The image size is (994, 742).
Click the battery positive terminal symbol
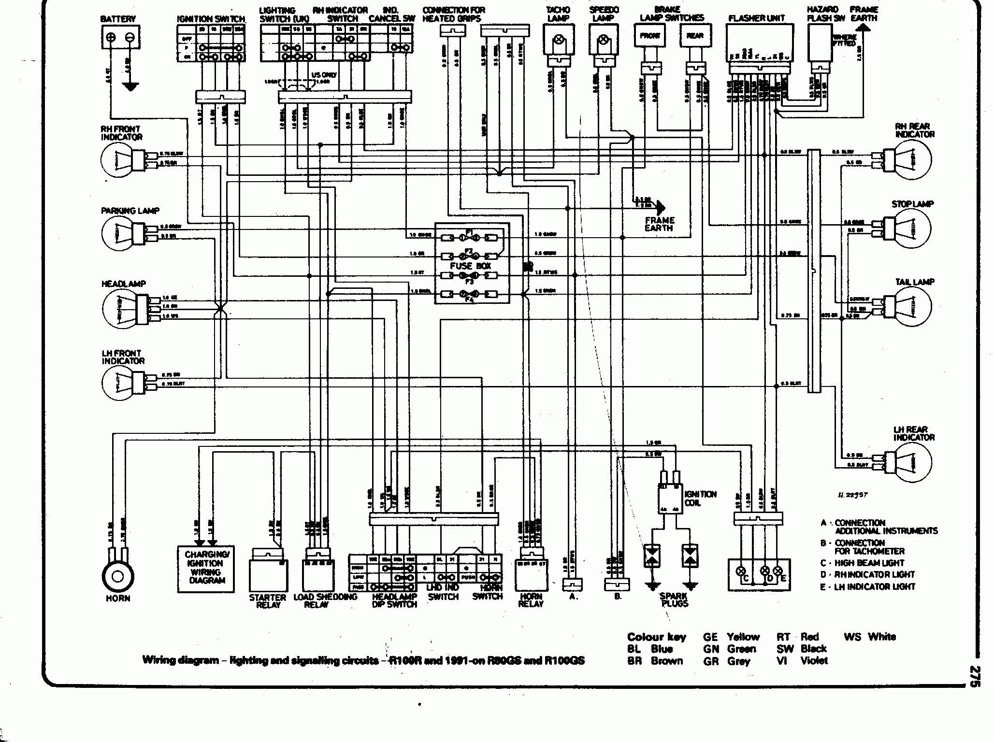pyautogui.click(x=111, y=38)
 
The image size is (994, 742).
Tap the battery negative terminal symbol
pyautogui.click(x=130, y=38)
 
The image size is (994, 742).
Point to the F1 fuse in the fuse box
pyautogui.click(x=468, y=238)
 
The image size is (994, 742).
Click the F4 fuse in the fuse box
pyautogui.click(x=468, y=293)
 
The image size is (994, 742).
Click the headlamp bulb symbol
pyautogui.click(x=118, y=307)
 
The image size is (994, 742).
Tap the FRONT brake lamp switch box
pyautogui.click(x=650, y=36)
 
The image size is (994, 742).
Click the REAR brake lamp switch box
pyautogui.click(x=695, y=36)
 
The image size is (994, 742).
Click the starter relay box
pyautogui.click(x=268, y=575)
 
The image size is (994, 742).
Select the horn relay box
pyautogui.click(x=531, y=575)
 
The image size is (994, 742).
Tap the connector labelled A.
pyautogui.click(x=573, y=585)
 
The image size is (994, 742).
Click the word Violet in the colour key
pyautogui.click(x=814, y=660)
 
